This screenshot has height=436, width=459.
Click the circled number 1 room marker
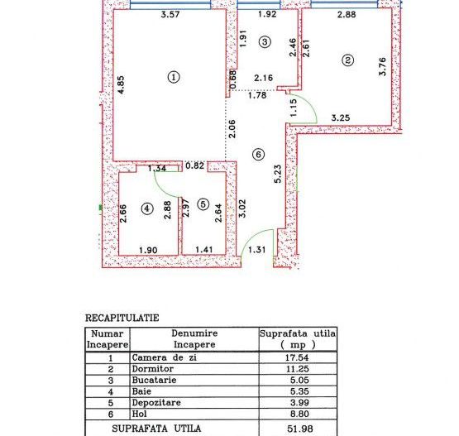(x=174, y=76)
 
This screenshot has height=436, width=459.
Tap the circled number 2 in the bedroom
(x=348, y=60)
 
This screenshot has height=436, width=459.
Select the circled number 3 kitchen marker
(x=264, y=41)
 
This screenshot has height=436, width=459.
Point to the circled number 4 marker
(x=147, y=208)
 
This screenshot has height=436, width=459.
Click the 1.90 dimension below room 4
(x=148, y=249)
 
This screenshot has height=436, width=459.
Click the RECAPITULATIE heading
(x=122, y=317)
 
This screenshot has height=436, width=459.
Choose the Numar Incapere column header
(x=108, y=338)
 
